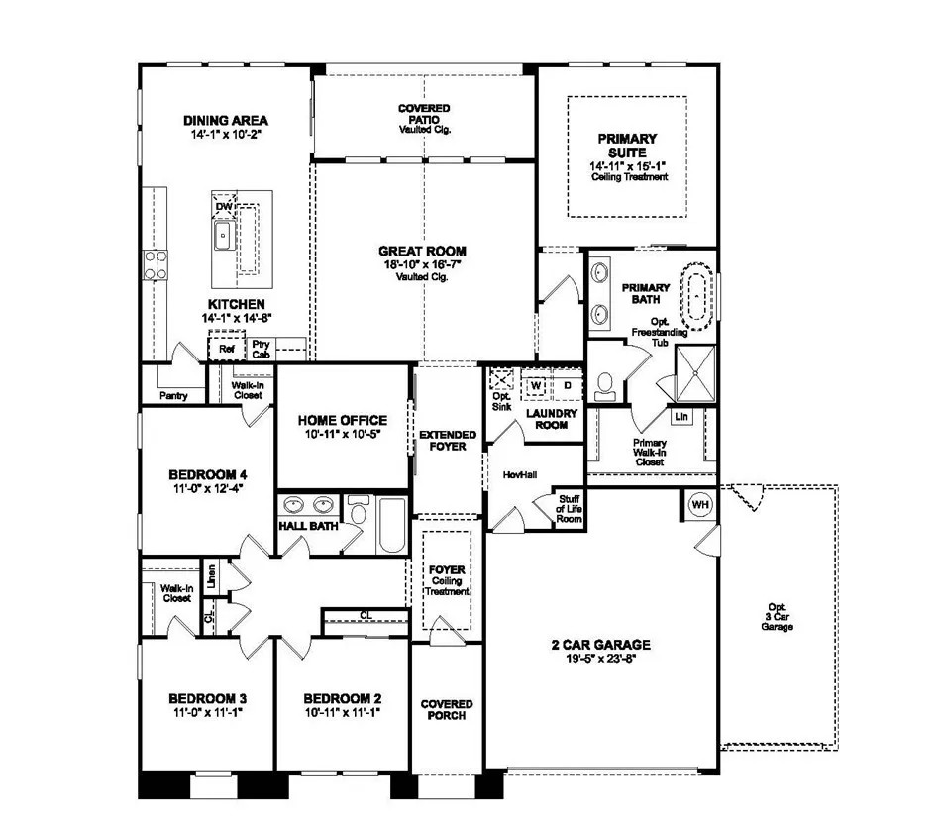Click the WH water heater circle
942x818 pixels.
point(701,504)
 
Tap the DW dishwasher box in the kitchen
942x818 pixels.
point(224,206)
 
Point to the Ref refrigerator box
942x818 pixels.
point(227,349)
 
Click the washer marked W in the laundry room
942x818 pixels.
point(535,384)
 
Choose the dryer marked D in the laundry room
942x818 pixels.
point(567,384)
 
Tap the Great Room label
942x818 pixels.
point(422,252)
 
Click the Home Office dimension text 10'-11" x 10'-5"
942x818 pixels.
point(342,434)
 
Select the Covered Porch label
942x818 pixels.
point(447,709)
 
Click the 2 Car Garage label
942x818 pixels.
point(600,645)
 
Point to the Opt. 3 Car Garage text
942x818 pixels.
point(780,617)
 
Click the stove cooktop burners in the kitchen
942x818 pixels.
point(156,264)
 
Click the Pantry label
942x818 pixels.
point(173,395)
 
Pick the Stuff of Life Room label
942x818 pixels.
point(569,509)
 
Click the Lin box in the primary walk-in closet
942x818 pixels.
point(681,417)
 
